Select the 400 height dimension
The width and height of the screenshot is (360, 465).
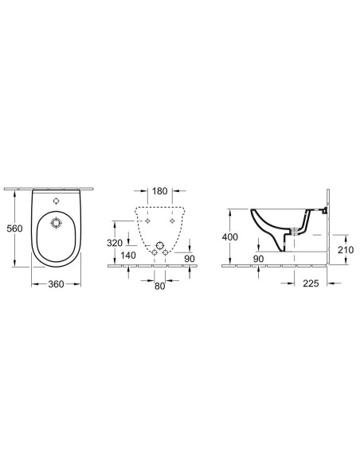(x=230, y=237)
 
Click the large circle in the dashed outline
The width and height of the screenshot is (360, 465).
(x=159, y=245)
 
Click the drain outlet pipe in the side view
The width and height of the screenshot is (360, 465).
(x=297, y=232)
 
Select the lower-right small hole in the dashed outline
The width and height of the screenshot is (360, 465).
(x=166, y=254)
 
